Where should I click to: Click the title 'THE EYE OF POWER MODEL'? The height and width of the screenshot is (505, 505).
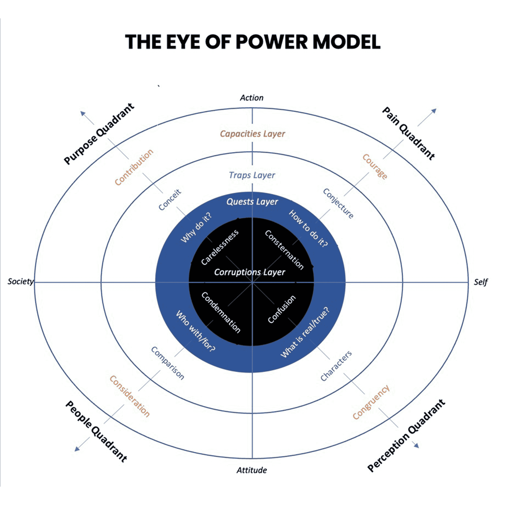point(252,42)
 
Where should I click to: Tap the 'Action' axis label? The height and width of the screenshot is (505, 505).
point(251,98)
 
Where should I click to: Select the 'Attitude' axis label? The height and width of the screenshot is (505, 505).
point(251,470)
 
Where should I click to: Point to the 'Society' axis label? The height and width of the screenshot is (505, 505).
point(20,281)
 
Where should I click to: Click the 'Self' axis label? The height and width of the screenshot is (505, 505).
point(480,282)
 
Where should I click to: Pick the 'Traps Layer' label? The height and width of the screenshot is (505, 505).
point(252,175)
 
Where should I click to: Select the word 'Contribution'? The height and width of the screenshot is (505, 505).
point(134,167)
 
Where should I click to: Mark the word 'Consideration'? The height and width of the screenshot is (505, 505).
point(130,396)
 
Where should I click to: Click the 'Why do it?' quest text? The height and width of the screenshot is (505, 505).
point(196,228)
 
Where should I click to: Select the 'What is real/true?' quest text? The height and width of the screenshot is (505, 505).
point(305,332)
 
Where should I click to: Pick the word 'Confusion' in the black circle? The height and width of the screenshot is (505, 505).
point(282,309)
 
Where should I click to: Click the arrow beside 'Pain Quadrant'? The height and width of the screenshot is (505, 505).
point(427,117)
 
